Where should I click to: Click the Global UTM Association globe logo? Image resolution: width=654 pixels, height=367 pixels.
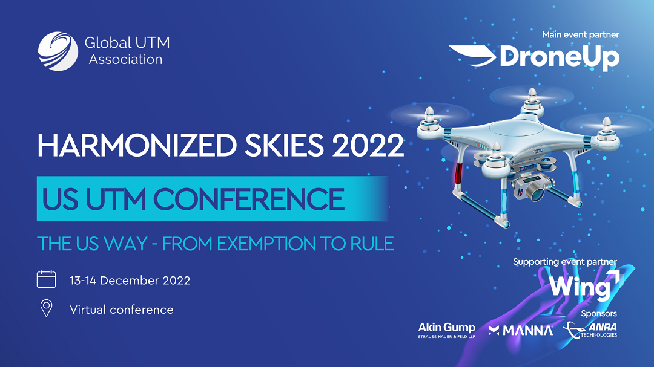[58, 51]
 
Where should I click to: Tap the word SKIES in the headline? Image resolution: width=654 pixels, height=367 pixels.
[284, 145]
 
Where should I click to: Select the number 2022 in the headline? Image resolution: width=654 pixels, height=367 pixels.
[368, 145]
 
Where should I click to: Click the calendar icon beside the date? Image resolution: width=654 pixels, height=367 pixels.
[46, 279]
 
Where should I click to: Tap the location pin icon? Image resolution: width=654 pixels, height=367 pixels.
[46, 308]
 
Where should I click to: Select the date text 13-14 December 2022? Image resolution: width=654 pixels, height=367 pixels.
[130, 281]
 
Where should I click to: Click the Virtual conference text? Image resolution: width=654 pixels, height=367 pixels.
[121, 310]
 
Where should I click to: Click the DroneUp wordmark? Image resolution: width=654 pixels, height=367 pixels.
[560, 57]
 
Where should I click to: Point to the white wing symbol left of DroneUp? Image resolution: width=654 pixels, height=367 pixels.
[473, 56]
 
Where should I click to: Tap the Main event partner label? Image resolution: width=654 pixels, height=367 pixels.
[581, 35]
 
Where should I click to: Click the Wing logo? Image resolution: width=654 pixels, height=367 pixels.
[585, 285]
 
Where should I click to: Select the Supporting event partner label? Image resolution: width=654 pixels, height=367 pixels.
[565, 262]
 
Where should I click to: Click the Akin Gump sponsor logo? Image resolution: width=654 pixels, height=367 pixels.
[447, 330]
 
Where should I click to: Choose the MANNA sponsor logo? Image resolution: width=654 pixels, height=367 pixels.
[521, 330]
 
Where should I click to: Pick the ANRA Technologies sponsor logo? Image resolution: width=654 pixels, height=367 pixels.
[590, 330]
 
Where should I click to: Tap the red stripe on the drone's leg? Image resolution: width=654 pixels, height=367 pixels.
[459, 174]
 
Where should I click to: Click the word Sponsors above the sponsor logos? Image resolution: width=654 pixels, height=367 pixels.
[598, 313]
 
